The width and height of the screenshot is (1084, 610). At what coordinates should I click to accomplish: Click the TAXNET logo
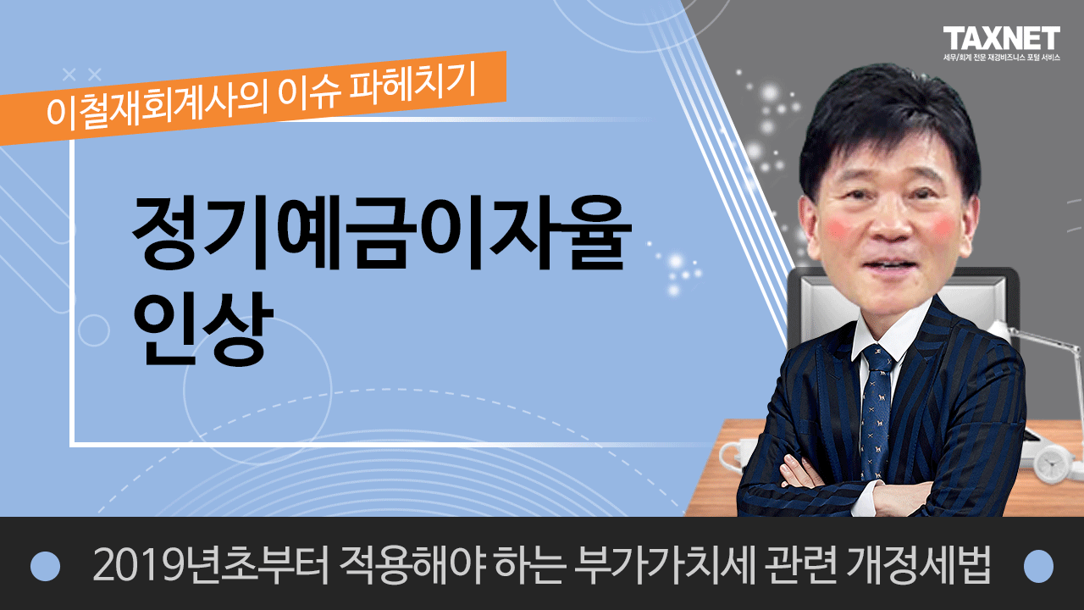(1001, 39)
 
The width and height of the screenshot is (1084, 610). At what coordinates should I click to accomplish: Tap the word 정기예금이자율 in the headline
(382, 233)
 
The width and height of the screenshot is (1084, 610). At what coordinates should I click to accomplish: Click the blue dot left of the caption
(45, 566)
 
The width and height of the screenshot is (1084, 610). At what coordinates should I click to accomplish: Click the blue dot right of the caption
(1039, 566)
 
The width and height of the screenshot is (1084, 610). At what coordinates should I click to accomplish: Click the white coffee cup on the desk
(733, 455)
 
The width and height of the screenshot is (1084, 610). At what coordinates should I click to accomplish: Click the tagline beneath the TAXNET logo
(1002, 57)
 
